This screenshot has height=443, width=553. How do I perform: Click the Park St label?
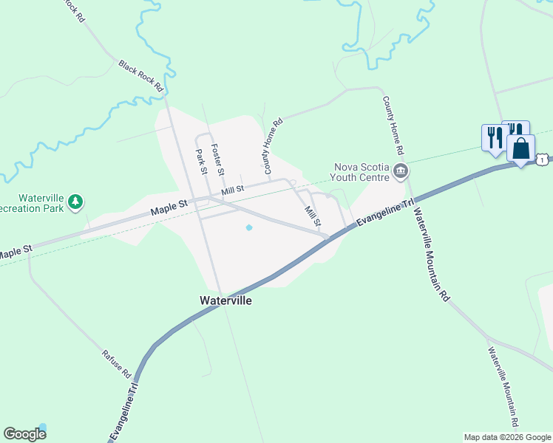(201, 162)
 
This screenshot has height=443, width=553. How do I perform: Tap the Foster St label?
(218, 158)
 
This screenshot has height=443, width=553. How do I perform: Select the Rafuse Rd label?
(118, 363)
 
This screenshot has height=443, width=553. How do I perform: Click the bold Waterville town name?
(226, 301)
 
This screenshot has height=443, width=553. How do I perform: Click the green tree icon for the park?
(75, 202)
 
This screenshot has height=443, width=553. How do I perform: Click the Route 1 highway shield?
(543, 159)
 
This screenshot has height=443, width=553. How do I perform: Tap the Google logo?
(24, 434)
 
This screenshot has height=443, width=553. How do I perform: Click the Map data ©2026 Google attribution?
(507, 437)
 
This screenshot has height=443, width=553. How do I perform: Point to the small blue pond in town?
(248, 227)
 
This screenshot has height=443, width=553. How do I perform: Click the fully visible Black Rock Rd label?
(141, 75)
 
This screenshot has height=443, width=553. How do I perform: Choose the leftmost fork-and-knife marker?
(492, 137)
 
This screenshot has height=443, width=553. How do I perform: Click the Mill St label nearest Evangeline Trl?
(313, 216)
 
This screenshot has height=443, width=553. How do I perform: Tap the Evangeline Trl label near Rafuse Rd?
(125, 412)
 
